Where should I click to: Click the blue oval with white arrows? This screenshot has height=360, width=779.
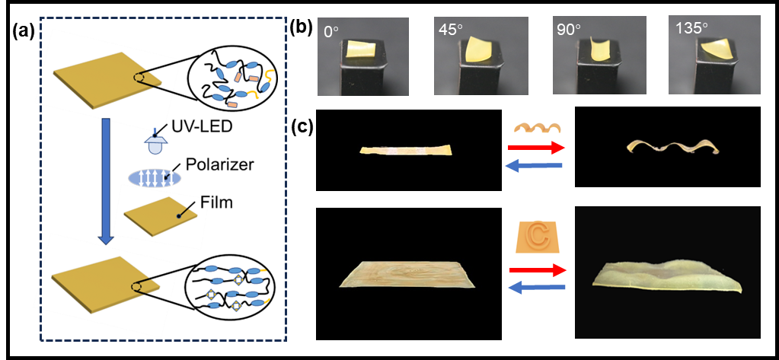tap(155, 178)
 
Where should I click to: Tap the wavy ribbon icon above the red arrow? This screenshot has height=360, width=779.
tap(537, 127)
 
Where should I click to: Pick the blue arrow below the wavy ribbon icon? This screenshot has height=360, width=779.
tap(538, 165)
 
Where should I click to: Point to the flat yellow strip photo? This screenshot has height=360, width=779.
tap(406, 150)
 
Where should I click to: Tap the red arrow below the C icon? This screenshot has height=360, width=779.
tap(538, 270)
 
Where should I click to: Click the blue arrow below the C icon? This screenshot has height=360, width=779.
tap(538, 287)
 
